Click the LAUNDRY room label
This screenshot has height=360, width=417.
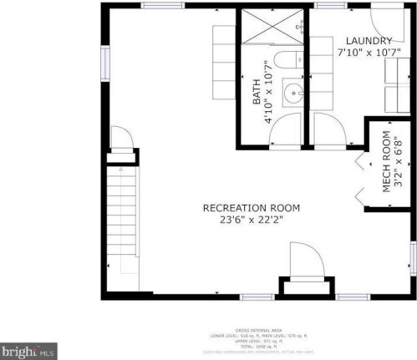[369, 41]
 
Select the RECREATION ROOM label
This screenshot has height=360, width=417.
[251, 208]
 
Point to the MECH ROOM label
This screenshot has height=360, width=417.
[387, 164]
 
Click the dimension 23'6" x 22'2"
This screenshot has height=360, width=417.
[251, 221]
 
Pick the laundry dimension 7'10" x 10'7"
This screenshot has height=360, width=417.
[369, 53]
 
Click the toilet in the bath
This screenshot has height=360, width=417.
[287, 59]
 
